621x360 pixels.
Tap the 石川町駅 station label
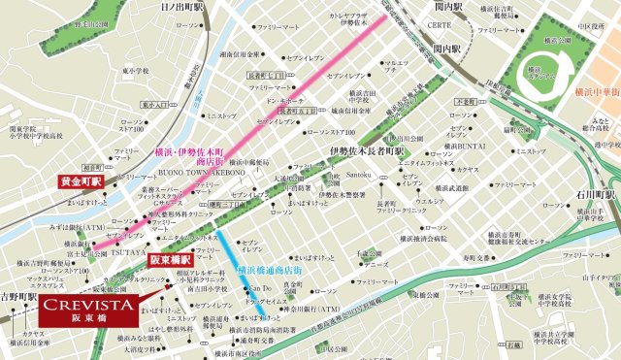(593, 195)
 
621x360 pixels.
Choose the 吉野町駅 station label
(17, 295)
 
